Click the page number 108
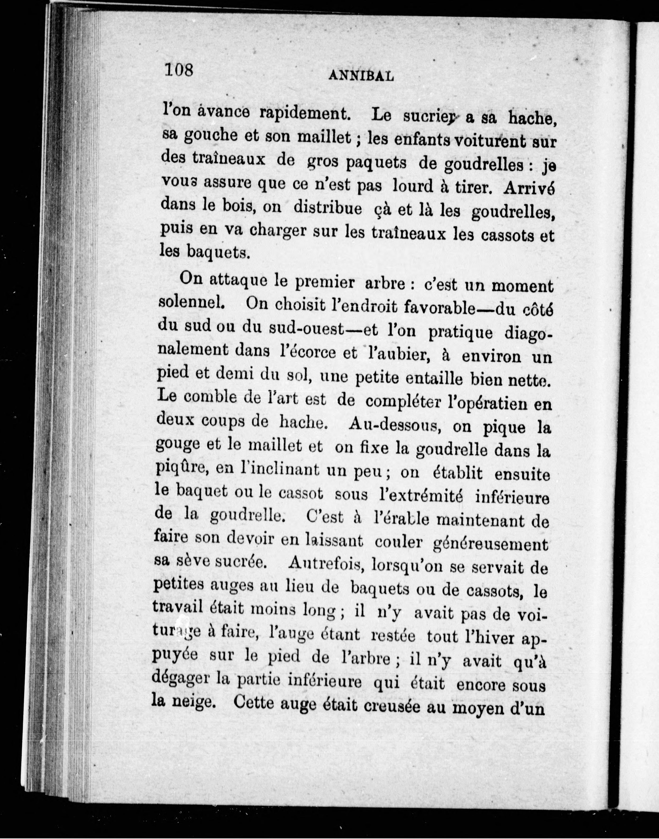178,70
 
